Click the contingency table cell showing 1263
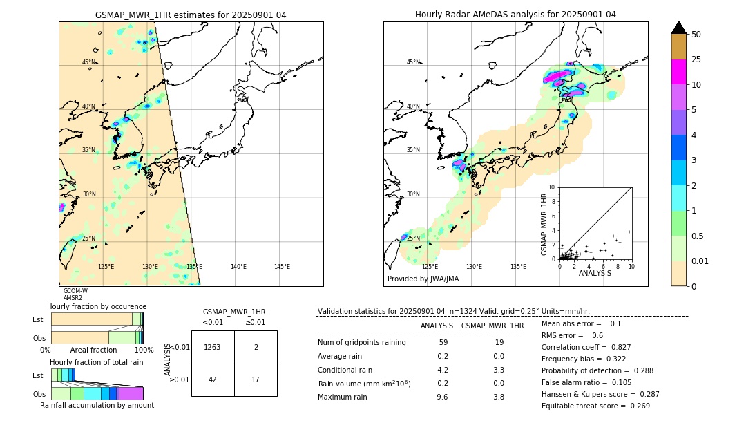click(x=213, y=347)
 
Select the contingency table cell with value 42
click(x=213, y=379)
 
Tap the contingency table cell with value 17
click(x=256, y=379)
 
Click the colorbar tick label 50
click(x=696, y=35)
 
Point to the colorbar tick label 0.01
click(x=700, y=261)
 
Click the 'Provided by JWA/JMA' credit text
click(x=423, y=279)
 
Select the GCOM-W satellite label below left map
click(x=75, y=291)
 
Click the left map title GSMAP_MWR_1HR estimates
click(x=191, y=15)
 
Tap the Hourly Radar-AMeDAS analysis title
click(x=515, y=15)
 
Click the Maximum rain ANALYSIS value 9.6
click(x=443, y=397)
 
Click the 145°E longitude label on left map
click(x=282, y=267)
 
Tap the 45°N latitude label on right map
click(x=413, y=62)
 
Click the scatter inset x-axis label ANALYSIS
click(x=595, y=273)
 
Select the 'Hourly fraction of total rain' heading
click(x=97, y=362)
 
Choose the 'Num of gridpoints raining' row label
click(x=362, y=343)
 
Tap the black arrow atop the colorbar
click(x=679, y=28)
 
